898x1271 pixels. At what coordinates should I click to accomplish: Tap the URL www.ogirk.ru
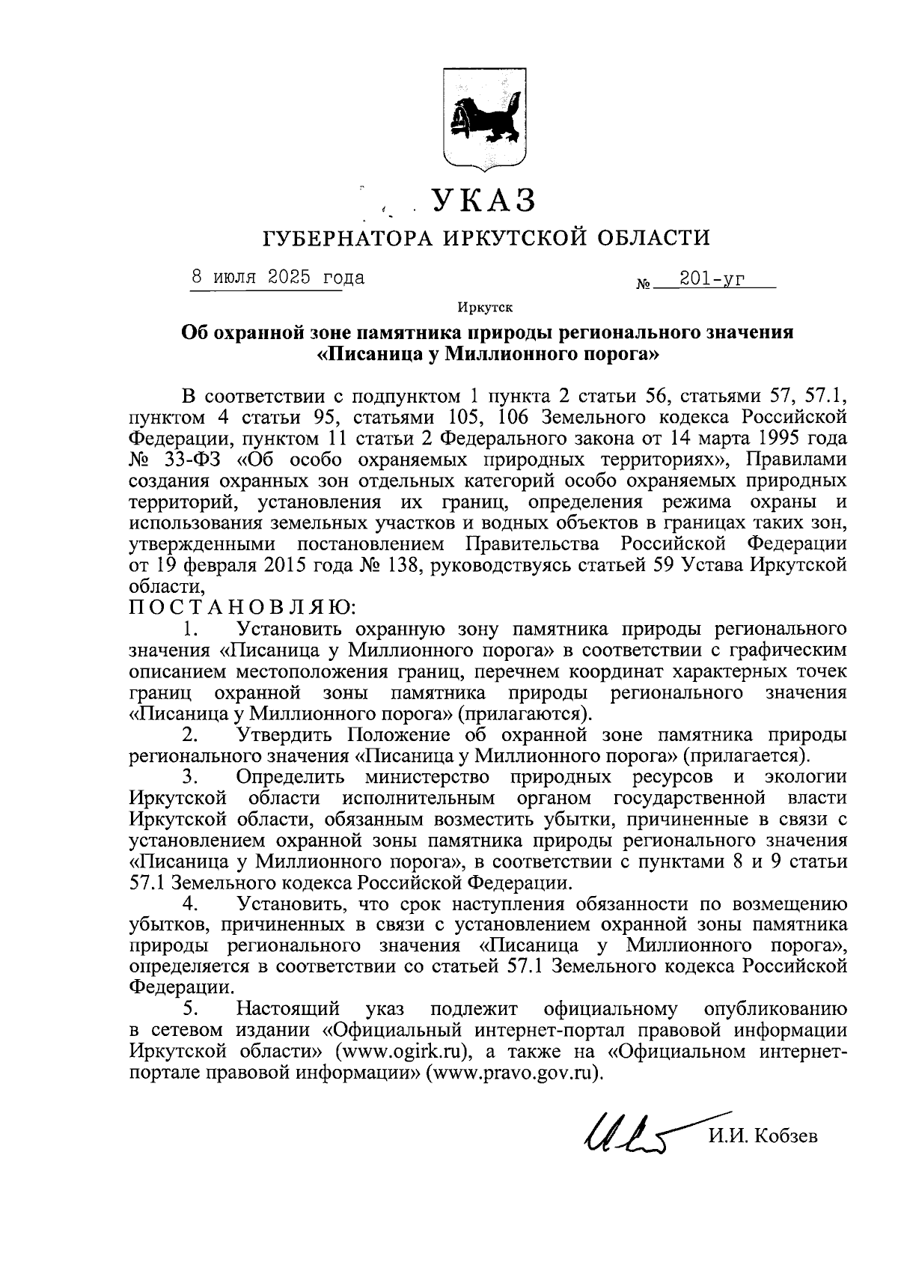click(x=404, y=1051)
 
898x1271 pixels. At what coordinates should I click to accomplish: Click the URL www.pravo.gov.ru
click(x=513, y=1072)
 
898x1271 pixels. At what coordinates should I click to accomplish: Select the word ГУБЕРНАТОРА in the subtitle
click(x=346, y=239)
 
